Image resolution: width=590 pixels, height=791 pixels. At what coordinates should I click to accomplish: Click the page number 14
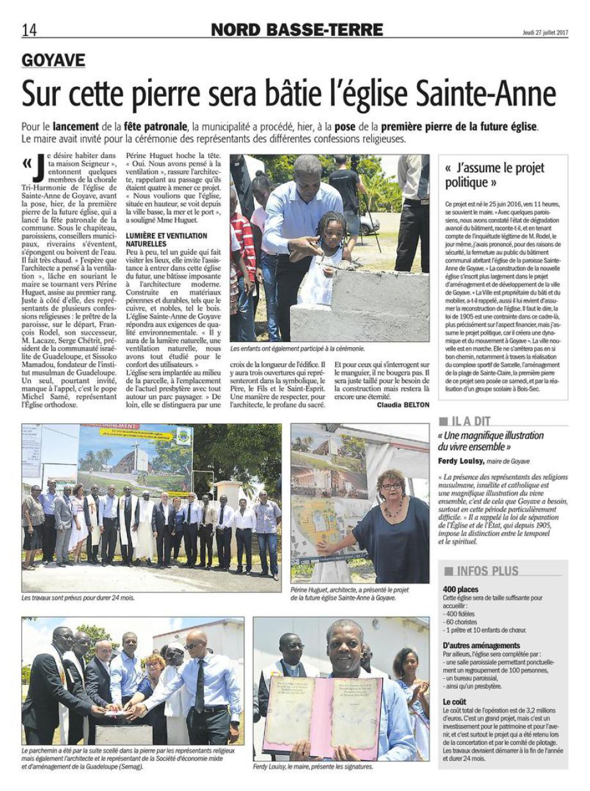point(29,30)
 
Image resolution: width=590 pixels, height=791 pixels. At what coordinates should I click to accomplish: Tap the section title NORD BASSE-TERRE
point(296,30)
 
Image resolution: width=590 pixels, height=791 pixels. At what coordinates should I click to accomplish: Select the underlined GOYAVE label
point(53,60)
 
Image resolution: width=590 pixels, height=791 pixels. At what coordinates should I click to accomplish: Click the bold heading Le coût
point(455,702)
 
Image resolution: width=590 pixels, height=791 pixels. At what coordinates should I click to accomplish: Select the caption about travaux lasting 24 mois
point(78,598)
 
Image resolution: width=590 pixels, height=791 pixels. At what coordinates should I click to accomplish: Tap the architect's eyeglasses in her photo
point(391,486)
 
